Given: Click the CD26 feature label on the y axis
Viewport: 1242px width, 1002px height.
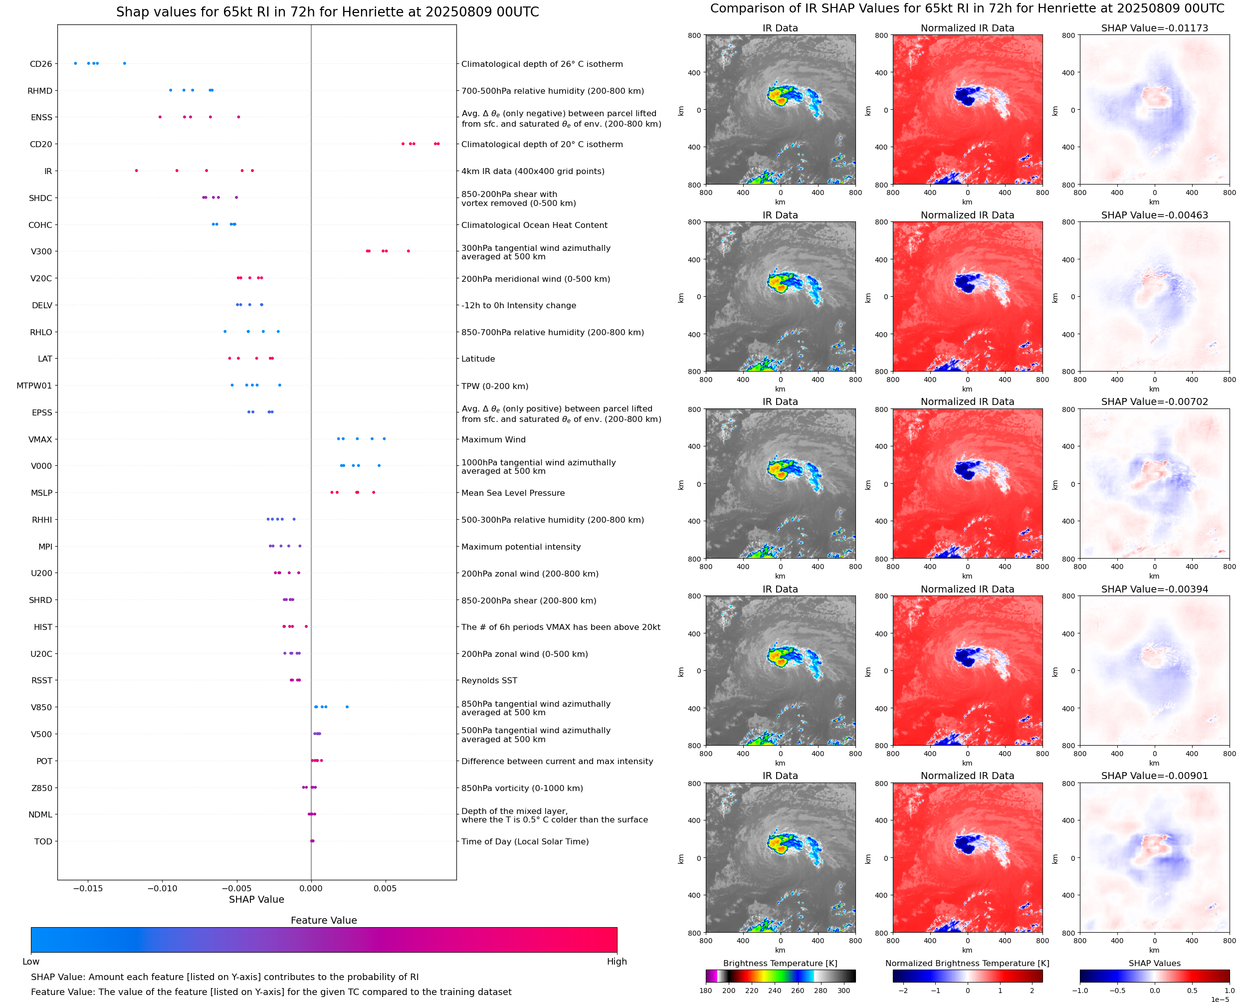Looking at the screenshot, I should (x=40, y=64).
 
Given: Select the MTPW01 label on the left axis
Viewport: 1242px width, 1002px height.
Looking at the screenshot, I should (x=34, y=386).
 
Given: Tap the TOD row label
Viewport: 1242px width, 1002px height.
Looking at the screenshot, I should (x=43, y=841).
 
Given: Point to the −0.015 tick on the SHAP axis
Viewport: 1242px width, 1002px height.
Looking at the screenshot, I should (x=88, y=888).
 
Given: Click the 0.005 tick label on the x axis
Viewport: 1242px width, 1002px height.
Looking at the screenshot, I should (x=385, y=888).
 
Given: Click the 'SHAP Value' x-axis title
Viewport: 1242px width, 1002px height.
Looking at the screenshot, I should (x=256, y=899).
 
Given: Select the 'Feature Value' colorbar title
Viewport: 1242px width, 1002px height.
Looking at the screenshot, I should (x=323, y=920).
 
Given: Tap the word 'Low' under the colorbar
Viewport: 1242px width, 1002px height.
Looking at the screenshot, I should (x=30, y=962).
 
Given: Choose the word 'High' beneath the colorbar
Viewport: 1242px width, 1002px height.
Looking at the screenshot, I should (x=617, y=962).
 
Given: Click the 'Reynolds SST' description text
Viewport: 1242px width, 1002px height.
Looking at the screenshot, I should (x=489, y=680).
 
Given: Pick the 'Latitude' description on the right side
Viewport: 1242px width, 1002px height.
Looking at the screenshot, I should (x=478, y=359).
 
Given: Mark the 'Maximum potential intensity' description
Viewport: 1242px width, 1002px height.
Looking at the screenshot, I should (x=521, y=547).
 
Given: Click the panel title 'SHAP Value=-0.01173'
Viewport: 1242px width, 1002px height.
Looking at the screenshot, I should (x=1154, y=28).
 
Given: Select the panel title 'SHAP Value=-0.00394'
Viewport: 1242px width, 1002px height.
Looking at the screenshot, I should (x=1154, y=590).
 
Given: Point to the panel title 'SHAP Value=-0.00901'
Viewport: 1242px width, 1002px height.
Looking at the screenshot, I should (x=1154, y=776).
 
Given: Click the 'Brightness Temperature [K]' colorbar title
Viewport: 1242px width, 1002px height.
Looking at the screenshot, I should (x=780, y=963).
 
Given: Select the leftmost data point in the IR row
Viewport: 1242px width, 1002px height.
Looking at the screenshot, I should (x=136, y=171).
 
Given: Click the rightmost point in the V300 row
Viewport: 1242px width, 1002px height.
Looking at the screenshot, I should (x=408, y=251).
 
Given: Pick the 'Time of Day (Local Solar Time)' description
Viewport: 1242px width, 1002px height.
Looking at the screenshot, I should (x=525, y=841).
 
